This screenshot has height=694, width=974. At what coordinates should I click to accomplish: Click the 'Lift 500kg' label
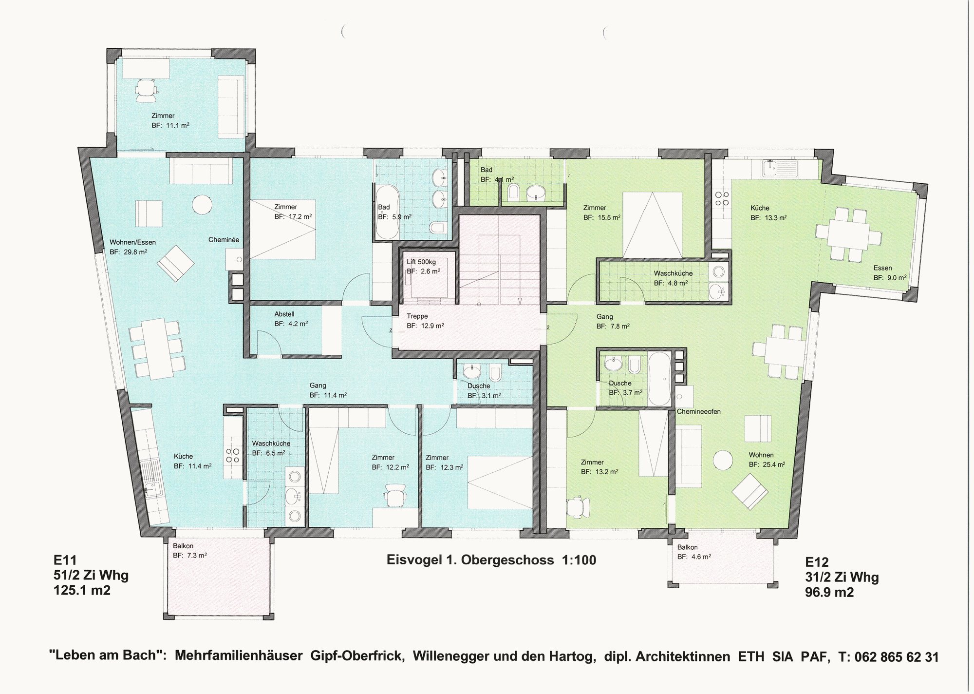tap(421, 262)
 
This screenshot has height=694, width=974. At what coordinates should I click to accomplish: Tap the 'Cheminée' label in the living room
tap(224, 240)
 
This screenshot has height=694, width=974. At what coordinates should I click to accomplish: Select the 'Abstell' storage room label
tap(284, 314)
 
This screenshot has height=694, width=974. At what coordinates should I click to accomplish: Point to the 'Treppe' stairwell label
tap(417, 316)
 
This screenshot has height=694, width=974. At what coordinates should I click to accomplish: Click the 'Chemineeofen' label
tap(699, 411)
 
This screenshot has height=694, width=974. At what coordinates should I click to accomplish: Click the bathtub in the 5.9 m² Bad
tap(387, 211)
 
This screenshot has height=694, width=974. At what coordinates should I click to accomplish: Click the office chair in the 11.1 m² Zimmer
tap(146, 90)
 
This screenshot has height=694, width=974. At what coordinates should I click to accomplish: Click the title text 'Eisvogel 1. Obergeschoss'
tap(470, 560)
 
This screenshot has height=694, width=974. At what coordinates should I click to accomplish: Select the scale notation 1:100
tap(579, 560)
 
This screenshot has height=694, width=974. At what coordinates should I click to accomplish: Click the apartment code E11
tap(65, 560)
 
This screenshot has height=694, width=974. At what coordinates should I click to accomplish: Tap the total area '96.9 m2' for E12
tap(829, 592)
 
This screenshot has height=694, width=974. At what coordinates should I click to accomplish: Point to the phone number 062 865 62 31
tap(888, 657)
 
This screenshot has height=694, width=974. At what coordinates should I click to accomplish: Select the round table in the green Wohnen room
tap(723, 460)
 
